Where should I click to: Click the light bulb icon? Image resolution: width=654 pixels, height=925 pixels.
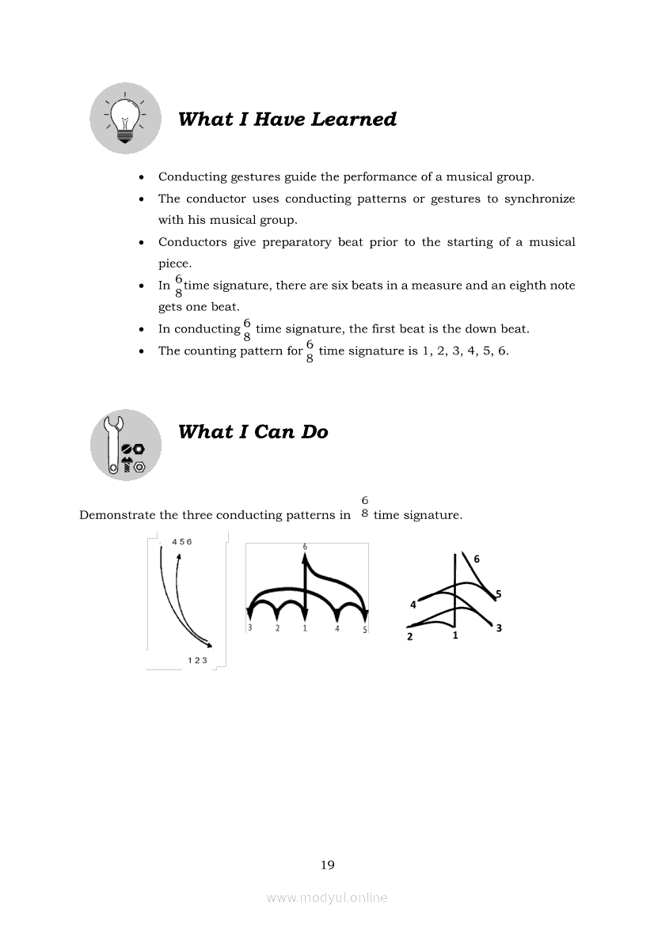[125, 119]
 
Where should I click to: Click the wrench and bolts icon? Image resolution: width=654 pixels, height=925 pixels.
[125, 445]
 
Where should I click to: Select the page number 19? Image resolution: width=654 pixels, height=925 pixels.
[327, 865]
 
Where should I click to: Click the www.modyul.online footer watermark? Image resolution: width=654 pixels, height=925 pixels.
[327, 897]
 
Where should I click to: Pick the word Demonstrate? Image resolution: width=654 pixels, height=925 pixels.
[117, 515]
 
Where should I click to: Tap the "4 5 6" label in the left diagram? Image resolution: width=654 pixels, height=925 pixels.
[182, 542]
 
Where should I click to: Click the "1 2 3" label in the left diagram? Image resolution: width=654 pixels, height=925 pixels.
[197, 660]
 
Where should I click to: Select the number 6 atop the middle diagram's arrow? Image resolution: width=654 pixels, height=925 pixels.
[305, 547]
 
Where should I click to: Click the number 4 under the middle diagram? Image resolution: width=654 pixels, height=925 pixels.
[337, 629]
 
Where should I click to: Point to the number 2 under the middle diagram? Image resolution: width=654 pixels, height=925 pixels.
[277, 629]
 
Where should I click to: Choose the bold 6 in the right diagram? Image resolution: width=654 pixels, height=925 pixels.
[476, 559]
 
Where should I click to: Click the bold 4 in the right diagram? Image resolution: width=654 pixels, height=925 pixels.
[413, 605]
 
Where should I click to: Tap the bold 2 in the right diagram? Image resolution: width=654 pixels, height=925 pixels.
[409, 636]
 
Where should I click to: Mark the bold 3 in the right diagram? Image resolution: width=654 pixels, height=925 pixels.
[499, 628]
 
